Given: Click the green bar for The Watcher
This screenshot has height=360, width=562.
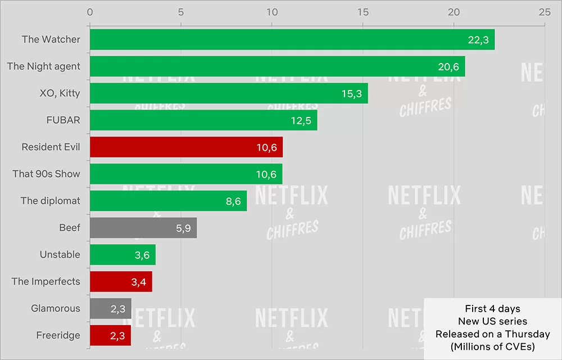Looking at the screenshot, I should [x=292, y=39].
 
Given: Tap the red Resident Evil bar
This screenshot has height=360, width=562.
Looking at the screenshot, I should [x=186, y=147].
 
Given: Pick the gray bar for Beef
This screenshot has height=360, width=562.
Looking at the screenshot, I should [x=143, y=228].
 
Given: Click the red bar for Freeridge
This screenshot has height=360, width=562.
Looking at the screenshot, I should [x=110, y=335].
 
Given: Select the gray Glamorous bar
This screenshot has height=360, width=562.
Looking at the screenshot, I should [x=110, y=308].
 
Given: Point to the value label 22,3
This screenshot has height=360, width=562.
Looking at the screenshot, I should [x=478, y=39].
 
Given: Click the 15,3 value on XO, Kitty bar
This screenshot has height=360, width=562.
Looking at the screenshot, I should [x=351, y=93].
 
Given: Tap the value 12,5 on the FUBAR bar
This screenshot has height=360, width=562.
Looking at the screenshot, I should [x=301, y=120].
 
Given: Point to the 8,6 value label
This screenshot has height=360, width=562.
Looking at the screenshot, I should [x=233, y=201].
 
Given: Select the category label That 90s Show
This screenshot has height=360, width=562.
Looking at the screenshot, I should [x=46, y=174].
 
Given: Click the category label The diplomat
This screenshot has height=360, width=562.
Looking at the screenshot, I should [x=50, y=201].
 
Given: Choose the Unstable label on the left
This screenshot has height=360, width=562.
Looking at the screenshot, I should [x=60, y=255].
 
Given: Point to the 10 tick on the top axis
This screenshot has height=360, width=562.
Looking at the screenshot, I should [x=271, y=12].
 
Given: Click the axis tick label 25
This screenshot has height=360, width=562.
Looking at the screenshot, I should [x=544, y=12].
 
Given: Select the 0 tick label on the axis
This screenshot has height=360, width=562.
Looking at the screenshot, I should [x=90, y=12].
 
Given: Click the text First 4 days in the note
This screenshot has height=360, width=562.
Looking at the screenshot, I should [x=492, y=309].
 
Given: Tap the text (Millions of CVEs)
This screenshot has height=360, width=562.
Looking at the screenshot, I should [x=492, y=347].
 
